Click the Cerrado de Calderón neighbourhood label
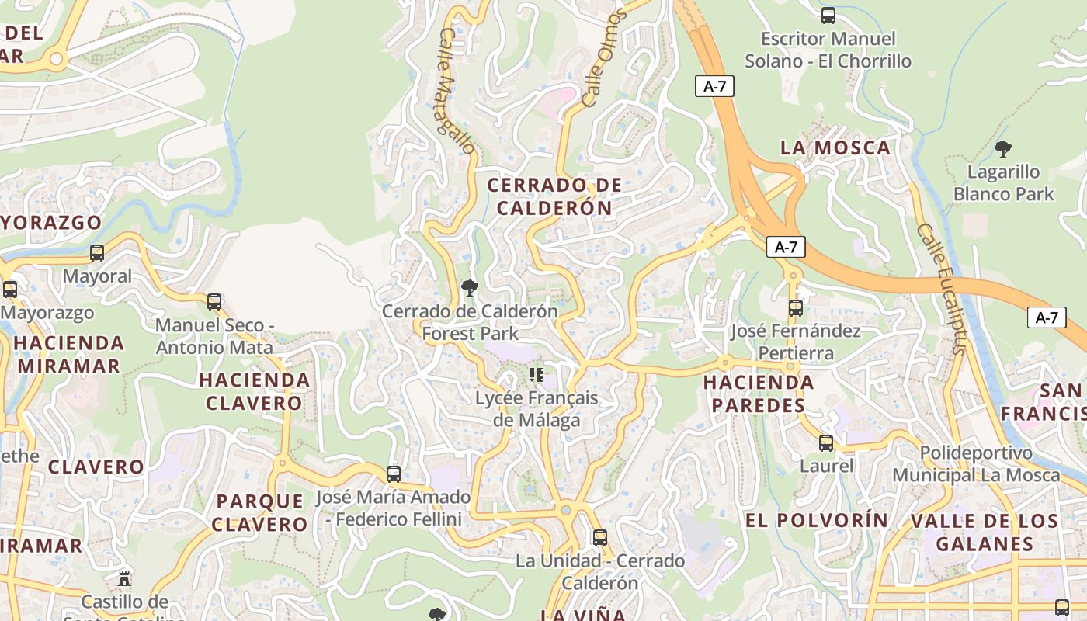click(554, 196)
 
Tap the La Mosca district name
click(835, 147)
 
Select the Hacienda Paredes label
click(758, 394)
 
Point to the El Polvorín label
click(816, 520)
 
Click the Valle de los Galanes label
click(984, 532)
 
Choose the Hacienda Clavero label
click(254, 391)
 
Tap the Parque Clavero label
click(260, 512)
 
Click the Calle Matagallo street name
click(456, 92)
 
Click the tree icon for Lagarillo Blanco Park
click(1003, 148)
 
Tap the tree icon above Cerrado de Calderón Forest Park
click(469, 288)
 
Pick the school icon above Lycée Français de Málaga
click(536, 375)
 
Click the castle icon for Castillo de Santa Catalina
click(123, 578)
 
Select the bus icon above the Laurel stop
click(826, 443)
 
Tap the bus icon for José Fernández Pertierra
click(795, 308)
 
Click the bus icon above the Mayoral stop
click(97, 253)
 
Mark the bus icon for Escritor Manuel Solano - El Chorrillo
click(828, 16)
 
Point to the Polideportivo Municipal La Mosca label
click(976, 463)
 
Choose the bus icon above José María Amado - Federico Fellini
click(394, 474)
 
